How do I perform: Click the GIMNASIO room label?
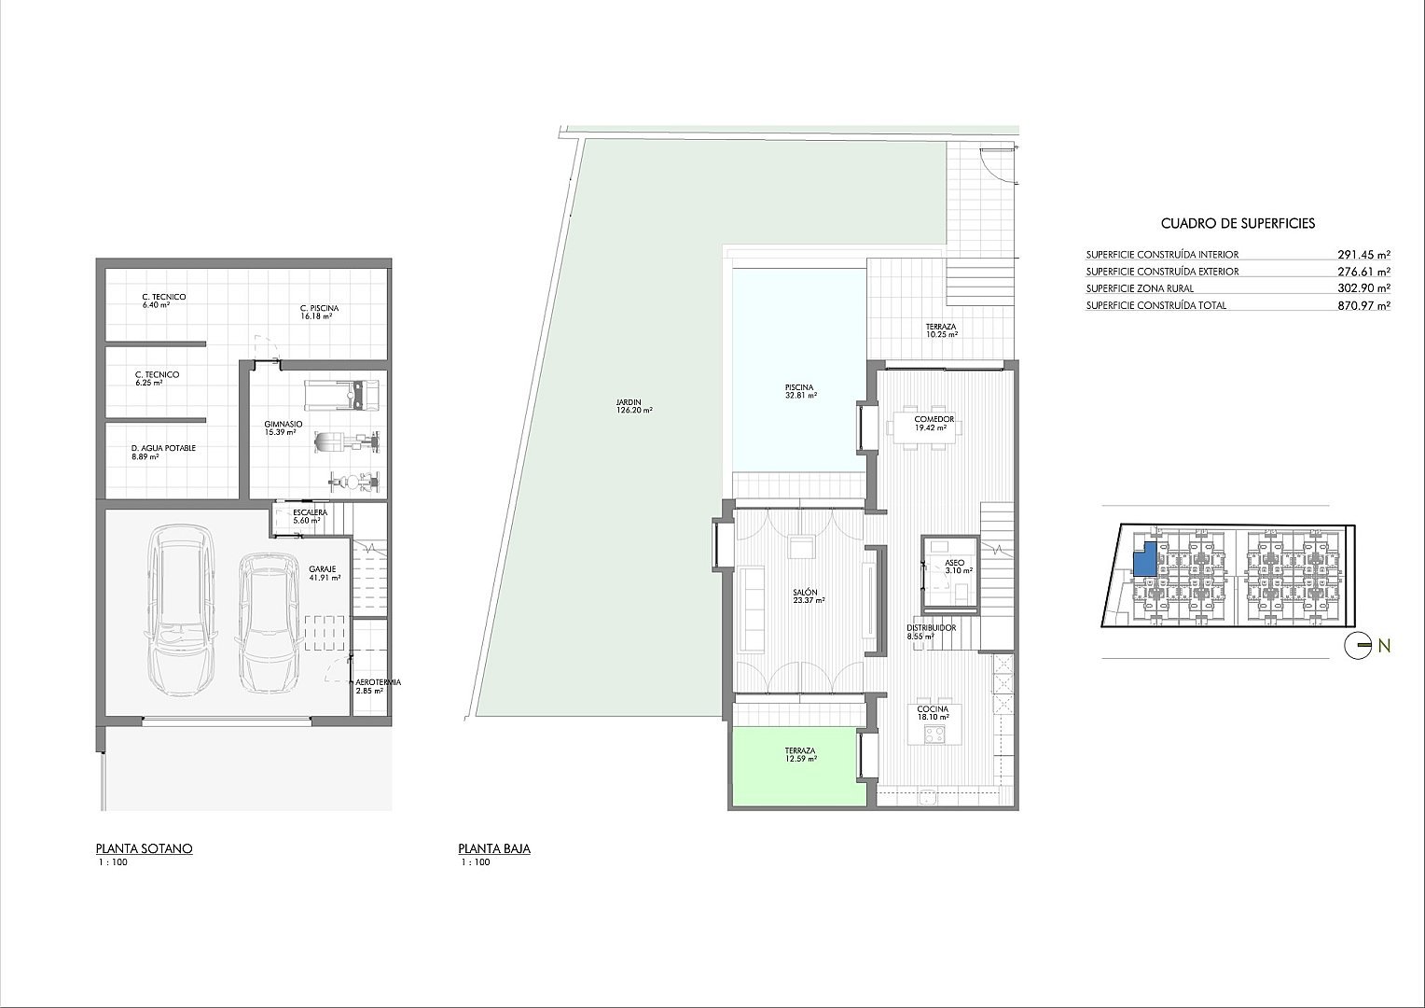(x=284, y=424)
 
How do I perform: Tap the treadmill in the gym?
(x=341, y=395)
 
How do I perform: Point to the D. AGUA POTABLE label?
(x=163, y=448)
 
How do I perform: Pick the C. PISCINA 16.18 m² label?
(x=319, y=312)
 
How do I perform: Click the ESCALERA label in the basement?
(x=310, y=512)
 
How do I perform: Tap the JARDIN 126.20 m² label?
(x=633, y=406)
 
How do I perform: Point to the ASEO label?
(x=954, y=563)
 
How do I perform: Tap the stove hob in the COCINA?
(x=934, y=735)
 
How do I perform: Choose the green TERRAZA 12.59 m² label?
(x=800, y=754)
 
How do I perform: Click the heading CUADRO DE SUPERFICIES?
(x=1238, y=223)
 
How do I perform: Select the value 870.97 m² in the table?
(x=1364, y=305)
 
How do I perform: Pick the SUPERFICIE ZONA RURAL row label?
(x=1140, y=288)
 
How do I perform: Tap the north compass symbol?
(x=1357, y=646)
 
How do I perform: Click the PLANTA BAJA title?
(x=494, y=848)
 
